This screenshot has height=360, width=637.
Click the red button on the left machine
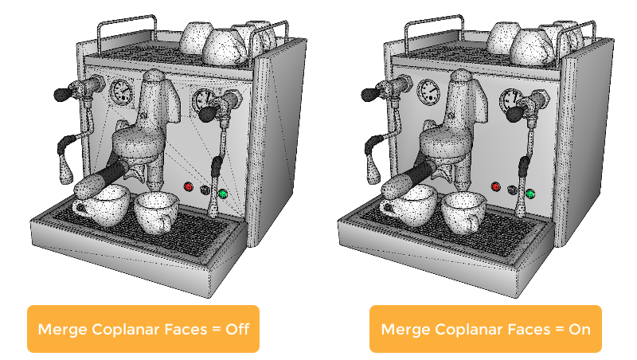point(189,187)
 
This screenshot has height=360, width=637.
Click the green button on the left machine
point(223,194)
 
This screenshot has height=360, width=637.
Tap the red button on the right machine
point(495,187)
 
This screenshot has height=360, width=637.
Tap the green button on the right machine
point(530,194)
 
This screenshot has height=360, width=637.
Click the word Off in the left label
point(237,329)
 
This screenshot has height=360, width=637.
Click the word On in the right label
point(580,329)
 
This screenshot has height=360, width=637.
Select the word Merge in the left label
point(63,330)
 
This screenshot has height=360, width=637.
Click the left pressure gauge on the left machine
point(121,92)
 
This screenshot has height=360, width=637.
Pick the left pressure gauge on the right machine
point(428,92)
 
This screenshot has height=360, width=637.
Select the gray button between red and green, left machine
point(205,190)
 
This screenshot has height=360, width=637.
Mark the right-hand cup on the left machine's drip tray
point(156,212)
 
